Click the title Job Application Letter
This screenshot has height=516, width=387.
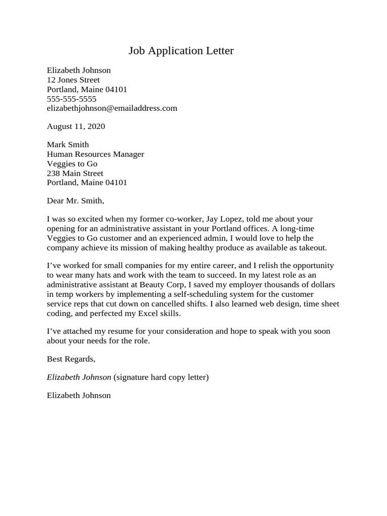click(x=181, y=51)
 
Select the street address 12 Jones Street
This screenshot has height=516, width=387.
click(x=73, y=80)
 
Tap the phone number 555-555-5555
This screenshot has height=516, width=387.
click(x=72, y=99)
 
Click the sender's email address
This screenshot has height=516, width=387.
click(x=112, y=108)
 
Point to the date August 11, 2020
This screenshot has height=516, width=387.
click(x=76, y=126)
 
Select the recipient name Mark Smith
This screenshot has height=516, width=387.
click(x=68, y=145)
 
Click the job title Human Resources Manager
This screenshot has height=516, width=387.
click(x=95, y=154)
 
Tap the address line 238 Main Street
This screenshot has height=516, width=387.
click(x=75, y=173)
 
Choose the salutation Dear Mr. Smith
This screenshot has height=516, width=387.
click(x=75, y=201)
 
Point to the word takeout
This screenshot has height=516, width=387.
click(x=313, y=248)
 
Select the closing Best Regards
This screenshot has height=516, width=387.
click(x=71, y=359)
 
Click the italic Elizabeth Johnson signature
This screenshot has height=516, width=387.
click(x=79, y=377)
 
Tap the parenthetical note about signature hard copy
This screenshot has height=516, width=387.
click(x=161, y=377)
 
